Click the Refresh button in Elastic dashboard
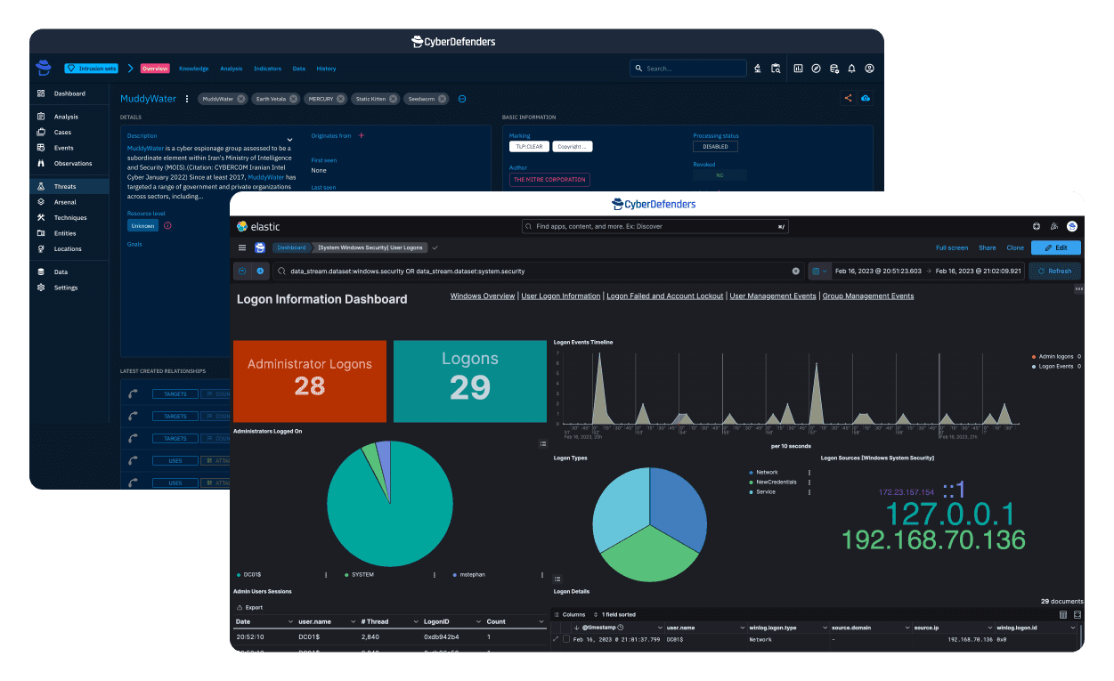point(1055,271)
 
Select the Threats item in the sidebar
point(65,187)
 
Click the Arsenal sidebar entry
point(65,202)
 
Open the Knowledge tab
point(193,69)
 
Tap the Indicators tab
point(267,69)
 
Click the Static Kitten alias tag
point(371,99)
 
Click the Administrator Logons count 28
point(310,386)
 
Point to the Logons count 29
point(470,388)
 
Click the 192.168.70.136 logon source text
point(933,539)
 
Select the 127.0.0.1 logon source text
point(949,514)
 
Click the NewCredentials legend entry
point(777,482)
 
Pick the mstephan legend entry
point(473,575)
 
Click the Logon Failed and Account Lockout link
point(664,296)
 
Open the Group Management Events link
point(868,296)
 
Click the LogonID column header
point(441,621)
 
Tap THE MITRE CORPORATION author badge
point(549,180)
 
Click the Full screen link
point(952,247)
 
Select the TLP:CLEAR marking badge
point(528,147)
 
